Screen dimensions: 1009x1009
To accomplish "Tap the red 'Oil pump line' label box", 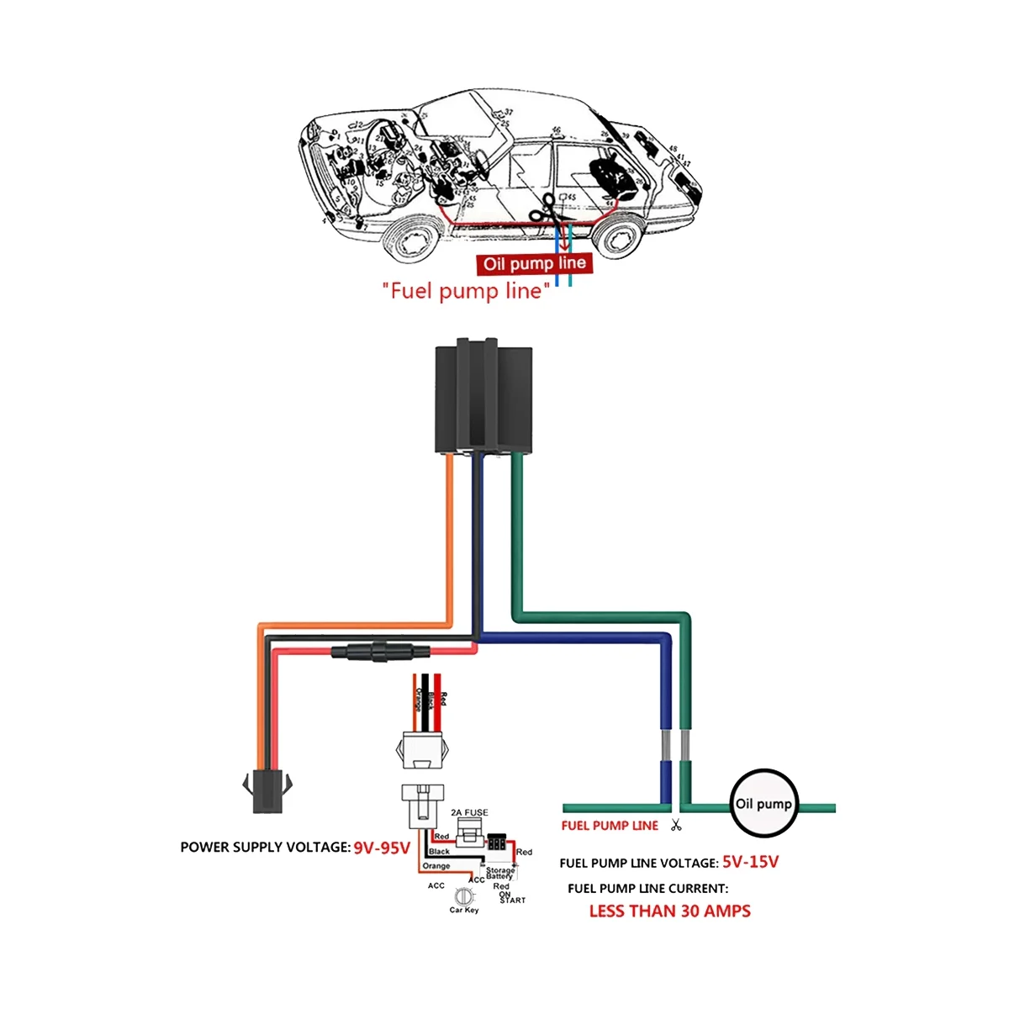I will tap(534, 264).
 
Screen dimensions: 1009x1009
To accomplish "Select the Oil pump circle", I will tap(763, 804).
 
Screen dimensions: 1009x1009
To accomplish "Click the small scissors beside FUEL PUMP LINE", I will tap(675, 825).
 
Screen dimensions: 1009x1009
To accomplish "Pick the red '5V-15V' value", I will tap(750, 862).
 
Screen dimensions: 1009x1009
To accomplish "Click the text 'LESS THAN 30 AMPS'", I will tap(669, 911).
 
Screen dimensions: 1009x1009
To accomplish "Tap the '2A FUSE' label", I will tap(469, 813).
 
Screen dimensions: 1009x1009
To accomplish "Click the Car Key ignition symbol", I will tap(463, 896).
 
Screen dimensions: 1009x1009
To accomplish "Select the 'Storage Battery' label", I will tap(499, 874).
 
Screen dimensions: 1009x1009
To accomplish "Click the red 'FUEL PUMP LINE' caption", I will tap(610, 826).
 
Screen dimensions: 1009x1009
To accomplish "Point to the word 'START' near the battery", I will tap(512, 901).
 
